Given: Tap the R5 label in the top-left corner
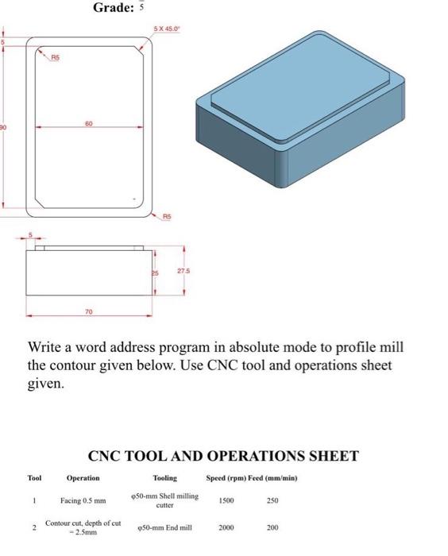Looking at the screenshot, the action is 55,57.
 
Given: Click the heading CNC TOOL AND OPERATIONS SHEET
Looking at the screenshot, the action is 223,456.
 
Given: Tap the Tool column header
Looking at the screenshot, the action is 34,478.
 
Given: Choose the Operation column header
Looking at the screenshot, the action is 83,478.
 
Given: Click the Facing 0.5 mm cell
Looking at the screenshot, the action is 83,500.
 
